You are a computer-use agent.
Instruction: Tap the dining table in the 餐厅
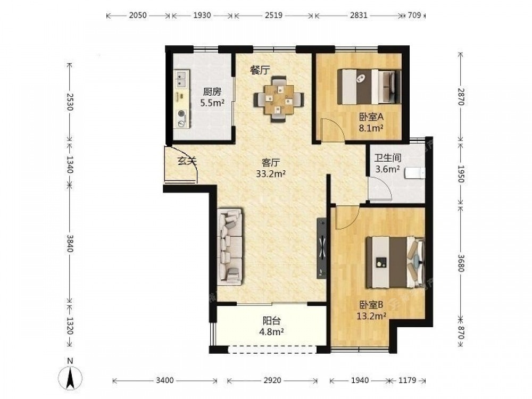coord(279,99)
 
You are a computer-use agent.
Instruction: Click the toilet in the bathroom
coord(415,173)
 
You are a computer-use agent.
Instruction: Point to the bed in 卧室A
coord(370,87)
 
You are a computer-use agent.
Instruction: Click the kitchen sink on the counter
coord(181,79)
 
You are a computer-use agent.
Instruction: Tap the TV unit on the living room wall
coord(322,248)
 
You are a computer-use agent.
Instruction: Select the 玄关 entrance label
coord(187,161)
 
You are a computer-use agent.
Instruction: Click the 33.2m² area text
coord(270,174)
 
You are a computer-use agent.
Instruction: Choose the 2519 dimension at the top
coord(273,15)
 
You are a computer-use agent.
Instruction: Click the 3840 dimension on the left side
coord(70,243)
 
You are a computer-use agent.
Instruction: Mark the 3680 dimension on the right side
coord(460,263)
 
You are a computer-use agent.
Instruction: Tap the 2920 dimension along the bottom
coord(272,380)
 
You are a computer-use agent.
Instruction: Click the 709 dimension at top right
coord(414,15)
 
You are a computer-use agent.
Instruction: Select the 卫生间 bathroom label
coord(388,158)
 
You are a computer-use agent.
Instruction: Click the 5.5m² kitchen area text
coord(212,103)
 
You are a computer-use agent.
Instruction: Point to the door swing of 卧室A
coord(333,129)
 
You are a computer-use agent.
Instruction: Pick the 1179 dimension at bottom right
coord(407,380)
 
